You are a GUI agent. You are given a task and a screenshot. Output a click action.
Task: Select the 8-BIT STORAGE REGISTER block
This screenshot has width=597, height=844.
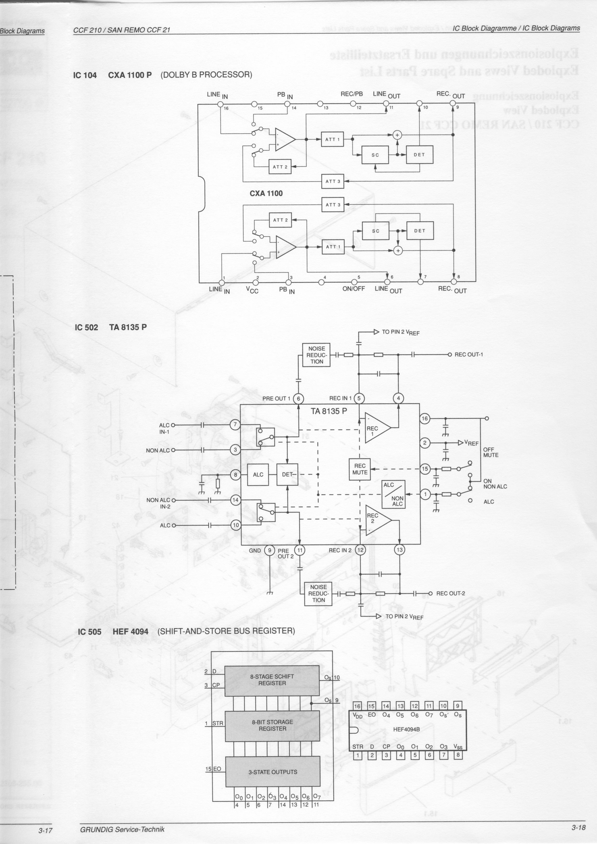[x=273, y=725]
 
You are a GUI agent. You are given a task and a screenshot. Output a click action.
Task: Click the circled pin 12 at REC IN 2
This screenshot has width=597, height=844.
[x=360, y=550]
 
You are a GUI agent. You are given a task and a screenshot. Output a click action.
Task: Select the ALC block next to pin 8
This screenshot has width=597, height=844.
[x=258, y=475]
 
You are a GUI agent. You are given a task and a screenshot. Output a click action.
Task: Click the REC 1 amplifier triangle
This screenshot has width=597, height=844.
[x=376, y=428]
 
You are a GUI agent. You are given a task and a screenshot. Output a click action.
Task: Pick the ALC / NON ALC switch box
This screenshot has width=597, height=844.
[x=393, y=494]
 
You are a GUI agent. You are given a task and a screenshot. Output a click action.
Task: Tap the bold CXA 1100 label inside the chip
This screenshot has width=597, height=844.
[x=266, y=193]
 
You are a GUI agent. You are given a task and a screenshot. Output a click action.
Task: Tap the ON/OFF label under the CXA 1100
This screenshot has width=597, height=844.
[x=353, y=289]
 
